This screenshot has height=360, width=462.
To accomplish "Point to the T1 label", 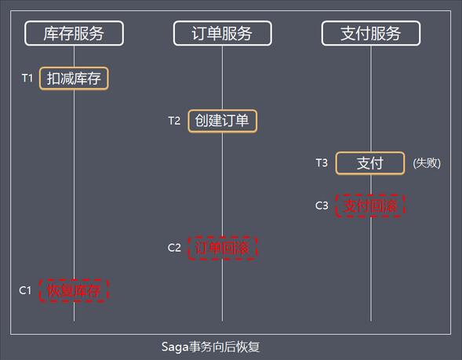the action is (27, 78).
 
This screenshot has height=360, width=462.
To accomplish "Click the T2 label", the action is (174, 121).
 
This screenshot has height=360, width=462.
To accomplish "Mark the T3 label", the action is (322, 162).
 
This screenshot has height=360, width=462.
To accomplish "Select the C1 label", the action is (25, 290).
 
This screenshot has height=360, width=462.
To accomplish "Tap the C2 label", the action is (174, 248).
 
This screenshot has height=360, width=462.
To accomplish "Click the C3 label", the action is (322, 205).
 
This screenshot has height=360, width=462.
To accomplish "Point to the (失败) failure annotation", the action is (427, 163).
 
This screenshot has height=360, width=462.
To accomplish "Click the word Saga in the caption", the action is (175, 347).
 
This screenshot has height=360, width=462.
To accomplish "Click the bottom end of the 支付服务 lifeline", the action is (371, 321).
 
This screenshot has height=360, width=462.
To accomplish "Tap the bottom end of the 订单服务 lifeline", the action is (223, 321).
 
